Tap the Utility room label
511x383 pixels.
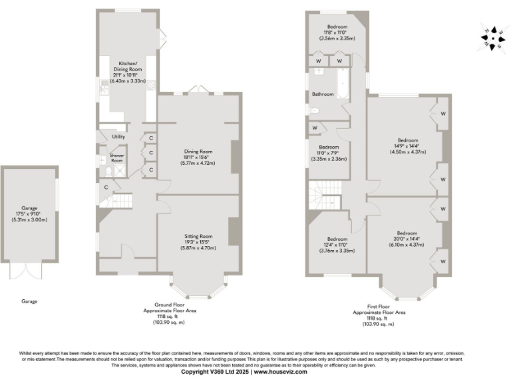pos(118,136)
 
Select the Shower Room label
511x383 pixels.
pos(117,158)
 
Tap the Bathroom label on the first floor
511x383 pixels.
pos(323,94)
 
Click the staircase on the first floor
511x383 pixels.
pos(325,195)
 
